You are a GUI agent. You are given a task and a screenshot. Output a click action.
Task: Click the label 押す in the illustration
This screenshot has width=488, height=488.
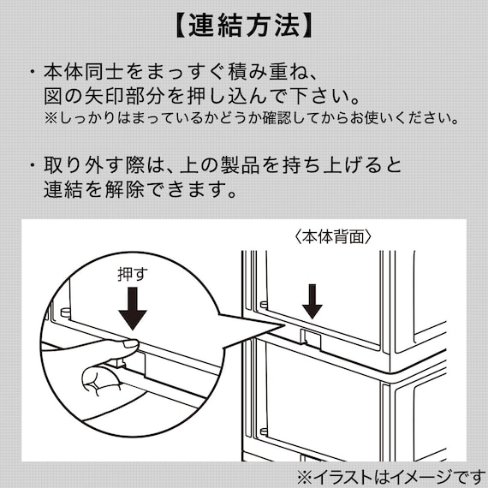click(133, 275)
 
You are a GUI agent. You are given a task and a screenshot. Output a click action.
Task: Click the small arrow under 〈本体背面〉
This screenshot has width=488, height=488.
click(312, 301)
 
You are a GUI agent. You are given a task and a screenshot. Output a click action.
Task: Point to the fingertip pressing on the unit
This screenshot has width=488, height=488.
click(127, 345)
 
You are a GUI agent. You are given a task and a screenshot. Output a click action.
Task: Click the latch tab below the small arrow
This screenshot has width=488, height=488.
click(310, 339)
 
